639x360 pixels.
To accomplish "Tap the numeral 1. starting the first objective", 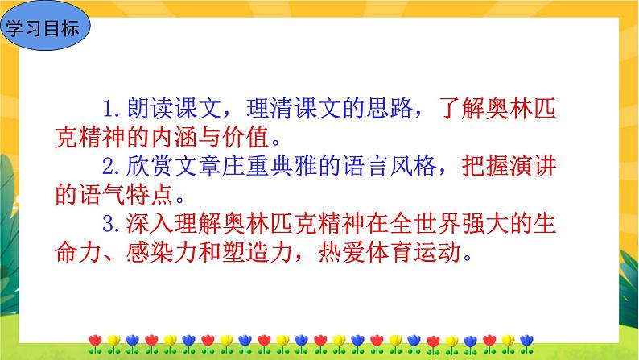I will coord(113,106).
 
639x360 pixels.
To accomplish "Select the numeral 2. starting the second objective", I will coord(113,169).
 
